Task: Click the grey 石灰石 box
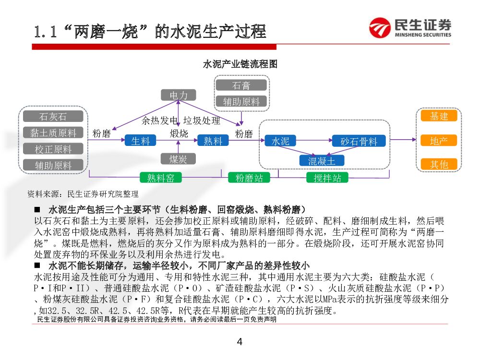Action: [x=53, y=117]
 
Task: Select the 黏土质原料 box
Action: [x=53, y=133]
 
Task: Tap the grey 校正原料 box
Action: [x=53, y=149]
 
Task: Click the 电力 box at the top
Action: [x=179, y=96]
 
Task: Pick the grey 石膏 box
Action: [x=241, y=85]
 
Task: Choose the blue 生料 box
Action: [x=141, y=141]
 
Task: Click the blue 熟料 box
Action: [x=213, y=141]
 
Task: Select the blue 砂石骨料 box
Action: [x=359, y=141]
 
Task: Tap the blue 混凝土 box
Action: [x=322, y=160]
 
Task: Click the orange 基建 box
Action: [x=439, y=116]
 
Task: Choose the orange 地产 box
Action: [x=439, y=141]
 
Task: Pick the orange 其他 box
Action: [x=439, y=164]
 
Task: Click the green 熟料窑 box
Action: [x=161, y=178]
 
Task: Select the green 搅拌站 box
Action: [x=327, y=178]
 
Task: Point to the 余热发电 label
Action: [x=160, y=120]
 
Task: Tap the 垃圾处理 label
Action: [x=202, y=120]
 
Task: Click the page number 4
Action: [x=240, y=342]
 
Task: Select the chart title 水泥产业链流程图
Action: [x=240, y=64]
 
